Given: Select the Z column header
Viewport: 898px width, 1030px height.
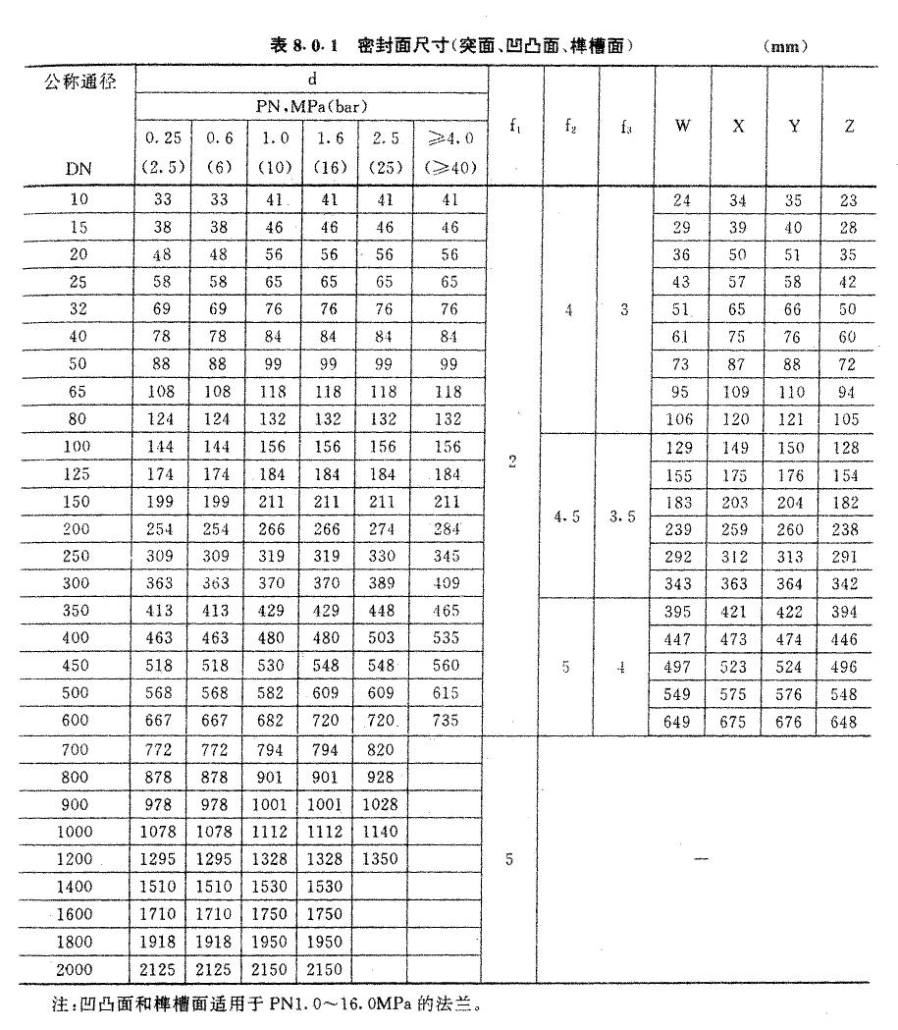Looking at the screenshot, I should coord(849,126).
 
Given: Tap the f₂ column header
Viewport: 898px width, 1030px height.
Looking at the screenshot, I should coord(567,126).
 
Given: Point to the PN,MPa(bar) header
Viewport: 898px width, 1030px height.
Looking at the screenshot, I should coord(313,104).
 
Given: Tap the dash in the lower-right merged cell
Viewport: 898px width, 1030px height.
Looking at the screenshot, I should coord(699,859).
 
